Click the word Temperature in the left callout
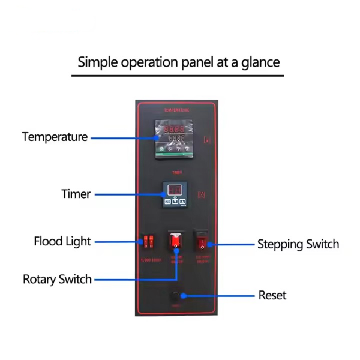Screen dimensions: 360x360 pos(55,137)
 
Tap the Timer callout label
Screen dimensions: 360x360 pos(76,194)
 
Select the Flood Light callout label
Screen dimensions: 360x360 pos(62,241)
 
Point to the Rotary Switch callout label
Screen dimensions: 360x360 pos(57,279)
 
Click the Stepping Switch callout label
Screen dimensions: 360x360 pos(298,244)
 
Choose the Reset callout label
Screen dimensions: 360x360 pos(272,295)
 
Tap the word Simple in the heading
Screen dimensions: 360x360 pos(98,62)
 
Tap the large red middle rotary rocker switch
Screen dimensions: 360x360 pos(176,241)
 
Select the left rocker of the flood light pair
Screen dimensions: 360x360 pos(145,242)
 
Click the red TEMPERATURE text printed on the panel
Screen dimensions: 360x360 pos(176,111)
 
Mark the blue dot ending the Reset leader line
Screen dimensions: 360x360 pos(182,296)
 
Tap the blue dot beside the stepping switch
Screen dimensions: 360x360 pos(214,244)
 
